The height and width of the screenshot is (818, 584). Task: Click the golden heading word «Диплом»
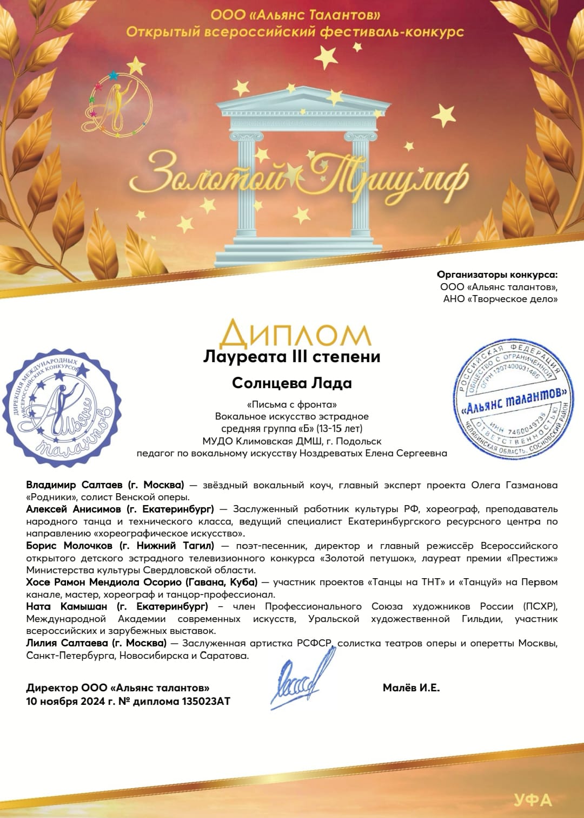(x=295, y=333)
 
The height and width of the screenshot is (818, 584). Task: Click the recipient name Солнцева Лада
(x=291, y=383)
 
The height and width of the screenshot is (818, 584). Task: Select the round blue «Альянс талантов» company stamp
(x=513, y=400)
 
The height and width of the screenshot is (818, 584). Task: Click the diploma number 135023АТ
(x=209, y=702)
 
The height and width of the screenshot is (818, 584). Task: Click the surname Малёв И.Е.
(x=411, y=688)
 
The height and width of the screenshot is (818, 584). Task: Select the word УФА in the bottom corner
(x=533, y=800)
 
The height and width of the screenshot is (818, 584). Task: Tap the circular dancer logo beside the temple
(x=116, y=102)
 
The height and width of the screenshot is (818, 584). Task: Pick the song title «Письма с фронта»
(x=291, y=404)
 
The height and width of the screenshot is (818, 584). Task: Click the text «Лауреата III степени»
(x=291, y=357)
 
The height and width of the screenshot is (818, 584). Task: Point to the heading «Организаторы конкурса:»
(x=497, y=274)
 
